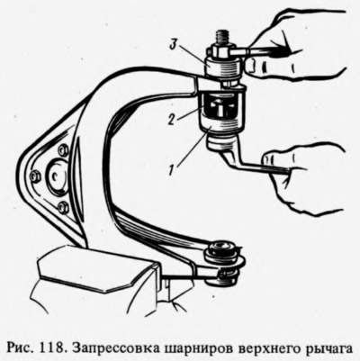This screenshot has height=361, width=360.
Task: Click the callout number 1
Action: point(171,170)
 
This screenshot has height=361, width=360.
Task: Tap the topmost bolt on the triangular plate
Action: point(63,150)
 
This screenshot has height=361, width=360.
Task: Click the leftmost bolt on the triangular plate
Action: point(35,176)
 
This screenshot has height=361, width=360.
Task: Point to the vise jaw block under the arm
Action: point(96,267)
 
